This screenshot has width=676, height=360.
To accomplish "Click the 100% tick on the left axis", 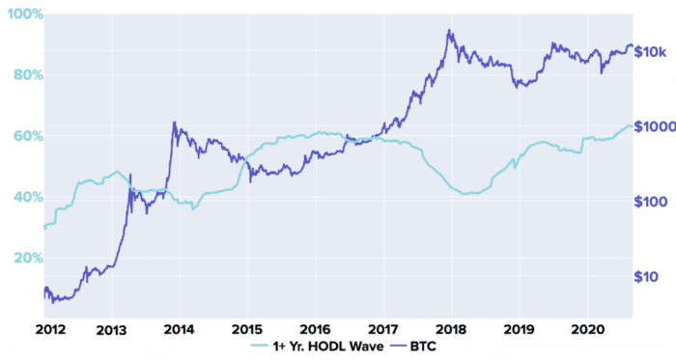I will tap(21, 16).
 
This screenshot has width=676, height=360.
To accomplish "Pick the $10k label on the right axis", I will tap(652, 51).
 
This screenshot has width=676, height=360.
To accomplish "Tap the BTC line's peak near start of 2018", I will tap(449, 30).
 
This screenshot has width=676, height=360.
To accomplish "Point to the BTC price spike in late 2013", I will tap(174, 123).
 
